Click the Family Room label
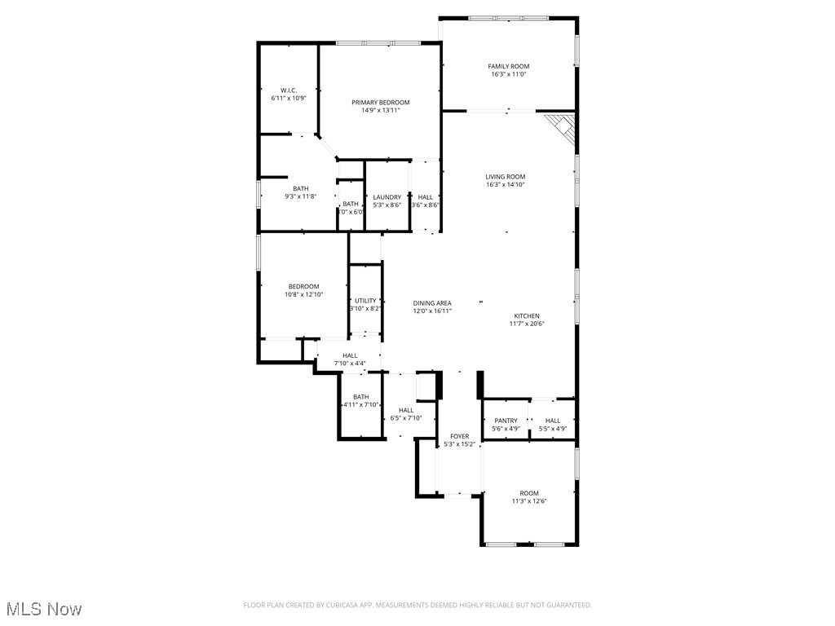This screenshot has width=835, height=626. (x=508, y=66)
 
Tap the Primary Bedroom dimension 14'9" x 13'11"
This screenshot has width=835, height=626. (x=380, y=111)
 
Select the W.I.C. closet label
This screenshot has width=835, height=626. (x=289, y=90)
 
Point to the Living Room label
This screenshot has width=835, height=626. (x=505, y=177)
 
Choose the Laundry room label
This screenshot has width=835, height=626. (x=387, y=197)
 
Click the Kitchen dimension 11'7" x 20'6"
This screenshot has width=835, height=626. (x=526, y=324)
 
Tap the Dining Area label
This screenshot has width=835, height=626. (x=431, y=303)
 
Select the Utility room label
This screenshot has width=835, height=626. (x=365, y=301)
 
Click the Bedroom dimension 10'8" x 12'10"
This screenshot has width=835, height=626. (x=303, y=294)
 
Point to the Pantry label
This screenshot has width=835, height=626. (x=506, y=421)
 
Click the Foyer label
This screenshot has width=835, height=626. (x=459, y=437)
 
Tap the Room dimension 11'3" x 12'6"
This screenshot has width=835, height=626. (x=529, y=501)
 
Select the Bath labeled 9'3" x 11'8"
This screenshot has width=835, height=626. (x=300, y=188)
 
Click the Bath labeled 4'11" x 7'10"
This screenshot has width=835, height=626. (x=360, y=397)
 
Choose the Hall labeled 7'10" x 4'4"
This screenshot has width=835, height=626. (x=350, y=355)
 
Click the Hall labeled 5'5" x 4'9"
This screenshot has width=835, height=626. (x=553, y=421)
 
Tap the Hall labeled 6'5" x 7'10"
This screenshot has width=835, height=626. (x=405, y=410)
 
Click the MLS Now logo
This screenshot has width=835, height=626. (x=43, y=609)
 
